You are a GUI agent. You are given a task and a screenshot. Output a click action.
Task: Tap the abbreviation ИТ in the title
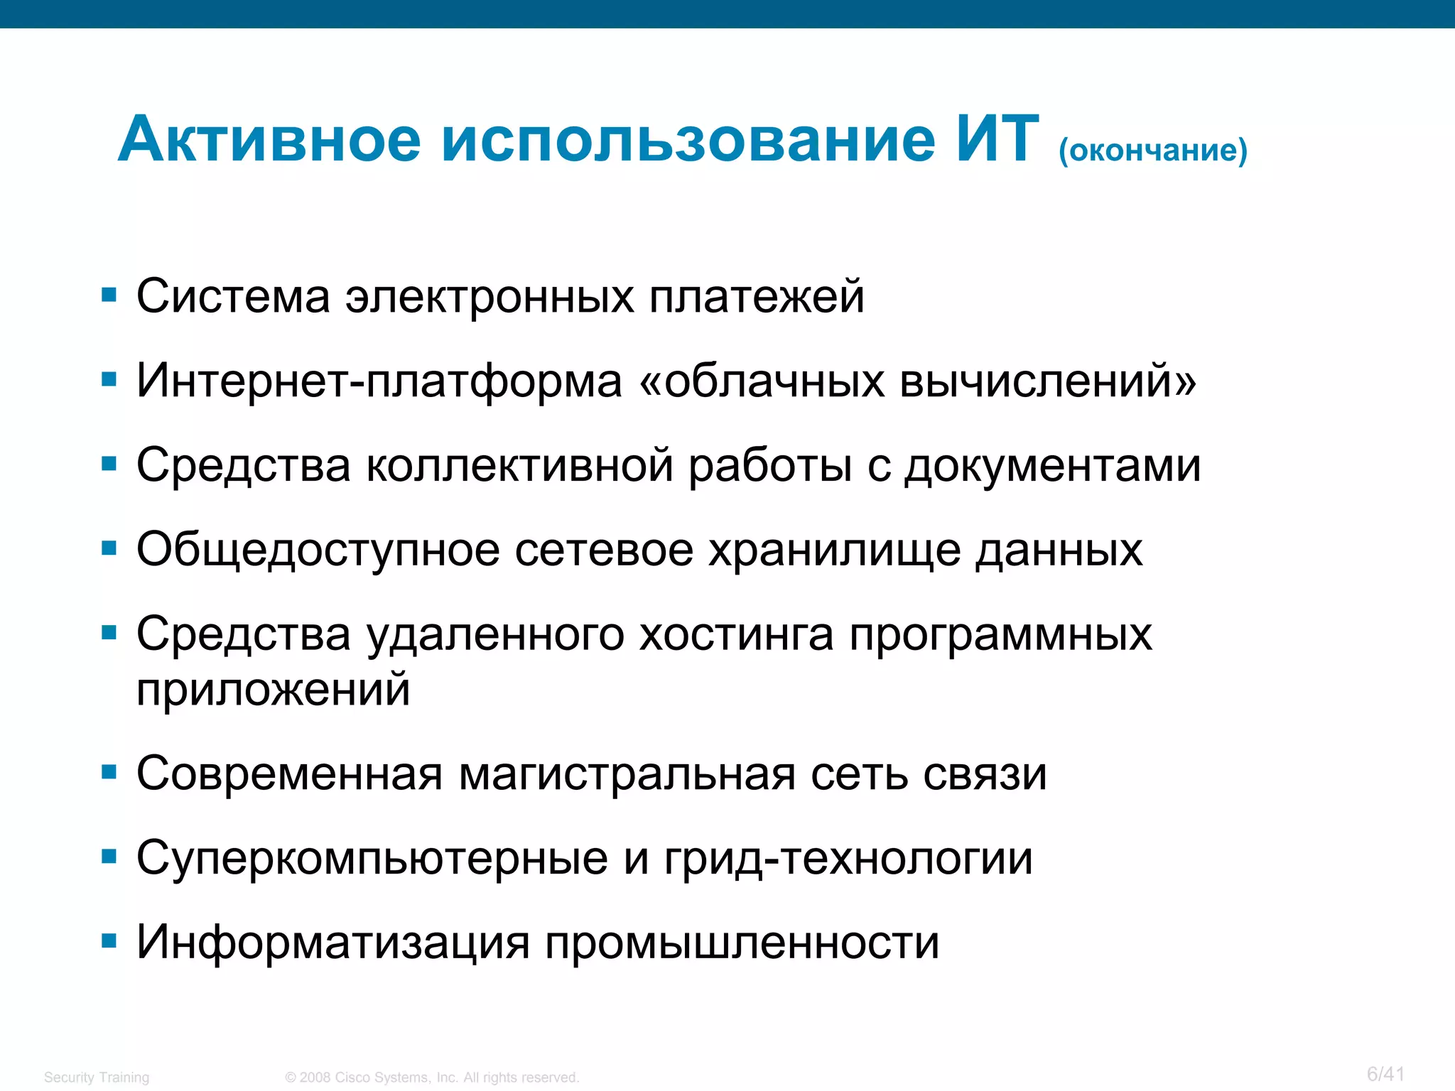pyautogui.click(x=996, y=139)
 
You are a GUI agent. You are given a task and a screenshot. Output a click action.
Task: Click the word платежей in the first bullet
pyautogui.click(x=757, y=297)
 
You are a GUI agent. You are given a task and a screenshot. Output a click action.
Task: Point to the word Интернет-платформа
pyautogui.click(x=379, y=381)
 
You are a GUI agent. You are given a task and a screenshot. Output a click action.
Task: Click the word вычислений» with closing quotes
pyautogui.click(x=1048, y=381)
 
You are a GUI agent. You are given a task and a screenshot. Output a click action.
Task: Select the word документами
pyautogui.click(x=1052, y=467)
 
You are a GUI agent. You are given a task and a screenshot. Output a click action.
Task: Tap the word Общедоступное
pyautogui.click(x=318, y=550)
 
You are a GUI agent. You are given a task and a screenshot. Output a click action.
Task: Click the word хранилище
pyautogui.click(x=834, y=550)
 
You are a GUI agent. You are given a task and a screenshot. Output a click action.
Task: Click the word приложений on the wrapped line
pyautogui.click(x=274, y=689)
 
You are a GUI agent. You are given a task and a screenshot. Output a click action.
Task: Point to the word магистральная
pyautogui.click(x=627, y=774)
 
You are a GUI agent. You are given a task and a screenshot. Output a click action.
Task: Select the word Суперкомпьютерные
pyautogui.click(x=372, y=858)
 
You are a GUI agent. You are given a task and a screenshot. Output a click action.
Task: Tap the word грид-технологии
pyautogui.click(x=848, y=858)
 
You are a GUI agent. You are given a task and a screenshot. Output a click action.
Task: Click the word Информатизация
pyautogui.click(x=333, y=943)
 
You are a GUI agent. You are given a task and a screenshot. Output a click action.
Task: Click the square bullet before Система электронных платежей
pyautogui.click(x=109, y=295)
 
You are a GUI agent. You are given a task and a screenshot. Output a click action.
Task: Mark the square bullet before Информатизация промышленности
pyautogui.click(x=109, y=942)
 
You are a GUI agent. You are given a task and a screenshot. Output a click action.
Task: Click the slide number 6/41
pyautogui.click(x=1385, y=1074)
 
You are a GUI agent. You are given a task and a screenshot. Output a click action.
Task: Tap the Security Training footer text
pyautogui.click(x=97, y=1078)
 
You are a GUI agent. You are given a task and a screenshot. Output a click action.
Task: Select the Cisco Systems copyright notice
pyautogui.click(x=432, y=1078)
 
